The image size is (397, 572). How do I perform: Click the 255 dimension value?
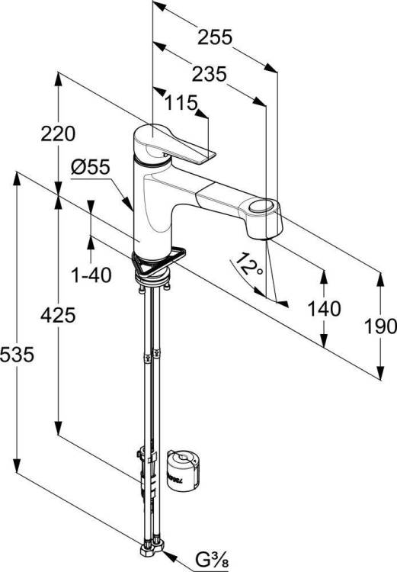pyautogui.click(x=215, y=37)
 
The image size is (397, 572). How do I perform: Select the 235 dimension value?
pyautogui.click(x=209, y=75)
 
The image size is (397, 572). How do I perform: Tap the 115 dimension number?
pyautogui.click(x=181, y=103)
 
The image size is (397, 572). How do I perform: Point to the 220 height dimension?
pyautogui.click(x=58, y=133)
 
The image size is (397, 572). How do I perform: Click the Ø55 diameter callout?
pyautogui.click(x=91, y=168)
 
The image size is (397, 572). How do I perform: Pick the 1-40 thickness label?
pyautogui.click(x=91, y=275)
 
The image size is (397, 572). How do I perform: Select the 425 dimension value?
pyautogui.click(x=58, y=315)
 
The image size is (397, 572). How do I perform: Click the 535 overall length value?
pyautogui.click(x=17, y=355)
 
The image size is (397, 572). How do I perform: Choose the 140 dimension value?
pyautogui.click(x=325, y=309)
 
